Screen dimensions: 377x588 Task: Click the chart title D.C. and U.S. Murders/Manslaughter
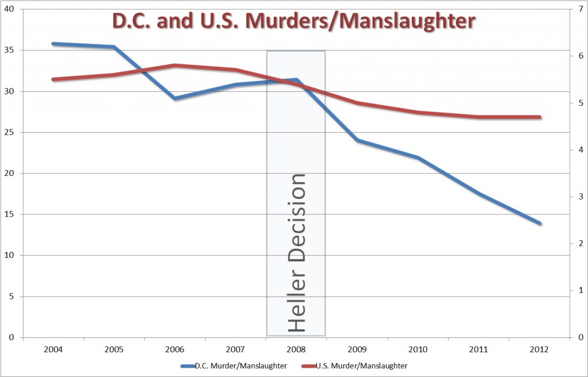pos(293,21)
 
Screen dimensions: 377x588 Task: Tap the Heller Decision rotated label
pos(296,253)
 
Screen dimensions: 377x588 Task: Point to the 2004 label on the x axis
pos(53,349)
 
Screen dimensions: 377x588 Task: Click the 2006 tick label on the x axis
pos(175,349)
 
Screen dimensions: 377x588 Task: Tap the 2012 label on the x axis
pos(539,349)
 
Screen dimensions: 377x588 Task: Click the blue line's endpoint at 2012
pos(539,223)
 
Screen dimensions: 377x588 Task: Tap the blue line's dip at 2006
pos(175,98)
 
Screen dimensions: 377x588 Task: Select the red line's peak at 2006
pos(175,66)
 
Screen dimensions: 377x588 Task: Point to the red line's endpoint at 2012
pos(539,117)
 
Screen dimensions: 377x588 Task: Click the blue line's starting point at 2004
pos(53,44)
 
